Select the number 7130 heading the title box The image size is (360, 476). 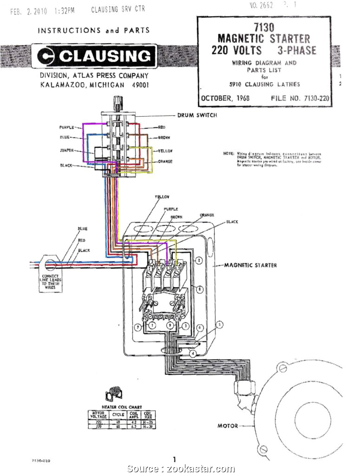[264, 27]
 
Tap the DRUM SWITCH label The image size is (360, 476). [197, 115]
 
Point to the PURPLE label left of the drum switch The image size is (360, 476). [66, 127]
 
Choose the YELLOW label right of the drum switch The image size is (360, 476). [165, 150]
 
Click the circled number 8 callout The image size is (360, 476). [200, 290]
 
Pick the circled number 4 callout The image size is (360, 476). [193, 354]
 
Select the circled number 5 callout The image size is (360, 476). [219, 324]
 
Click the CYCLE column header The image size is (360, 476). [118, 415]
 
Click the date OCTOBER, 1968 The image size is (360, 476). [225, 98]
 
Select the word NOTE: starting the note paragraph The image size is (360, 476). [229, 154]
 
